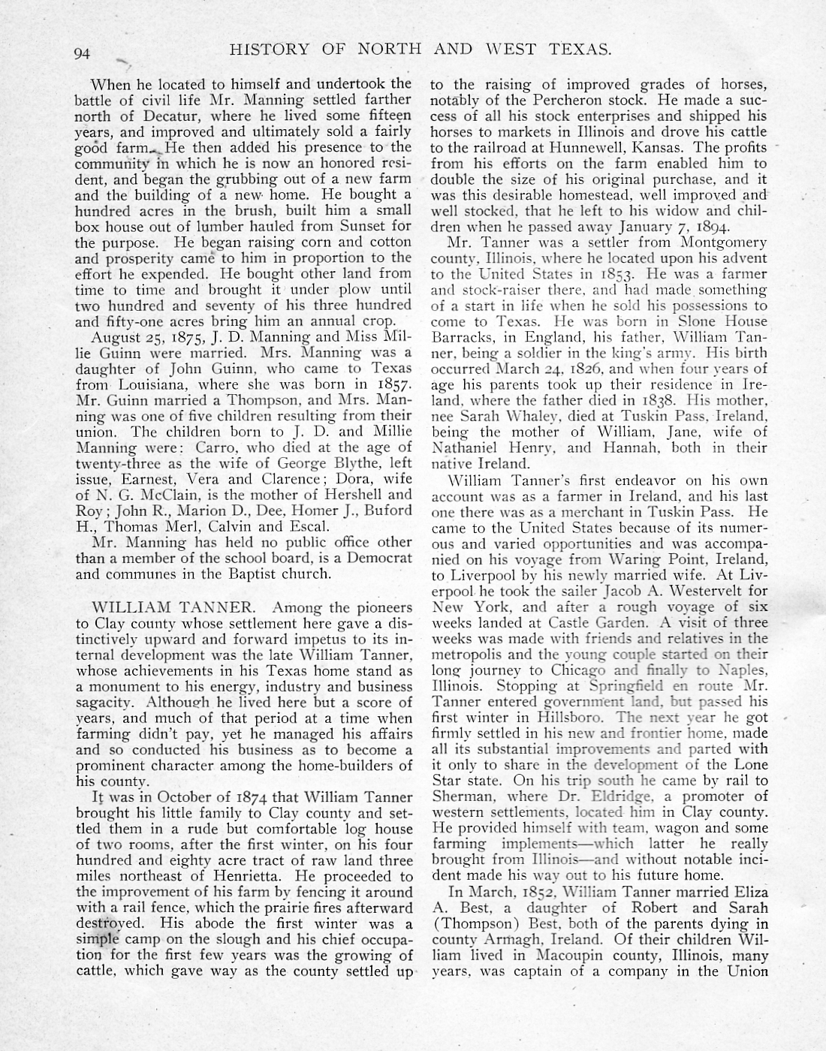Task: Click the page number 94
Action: (x=83, y=53)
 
